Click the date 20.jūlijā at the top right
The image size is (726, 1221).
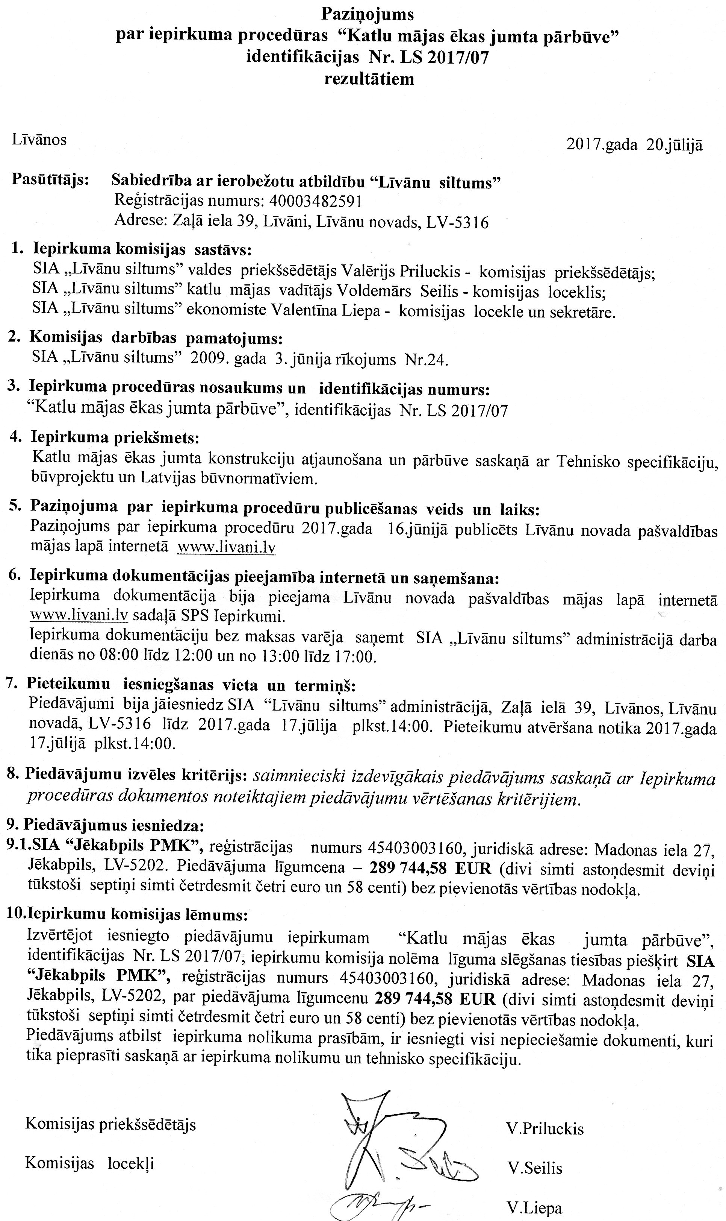[x=675, y=146]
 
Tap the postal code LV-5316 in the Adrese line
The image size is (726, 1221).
[x=457, y=223]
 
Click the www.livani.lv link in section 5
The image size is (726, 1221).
[x=226, y=547]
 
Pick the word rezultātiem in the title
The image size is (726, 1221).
[x=369, y=79]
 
